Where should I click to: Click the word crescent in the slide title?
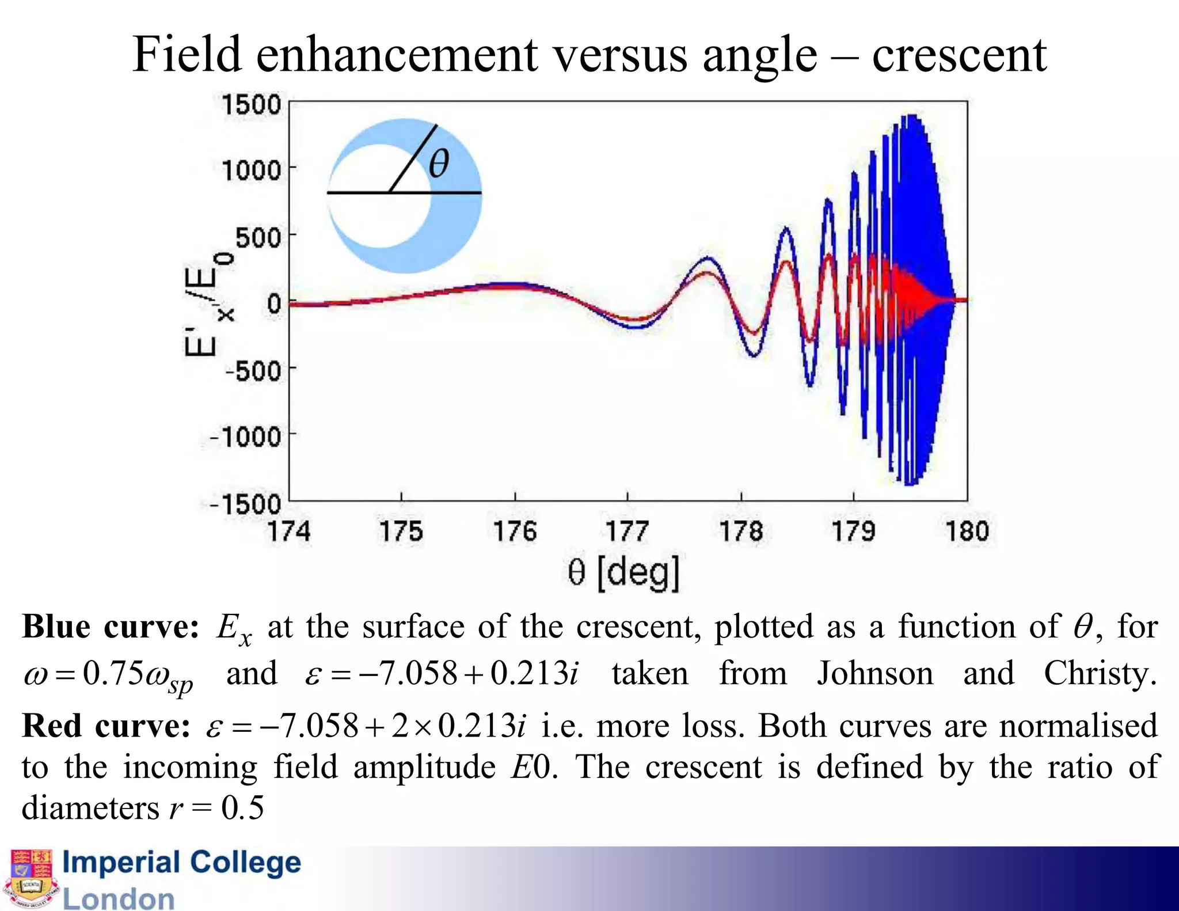[x=959, y=55]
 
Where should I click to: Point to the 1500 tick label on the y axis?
[x=251, y=105]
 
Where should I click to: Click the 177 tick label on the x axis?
[x=627, y=531]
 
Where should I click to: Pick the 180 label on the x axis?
[x=967, y=531]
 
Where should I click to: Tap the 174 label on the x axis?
[x=289, y=531]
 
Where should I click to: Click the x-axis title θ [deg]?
[x=623, y=572]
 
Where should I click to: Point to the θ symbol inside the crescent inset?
[x=439, y=164]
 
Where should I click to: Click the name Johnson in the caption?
[x=874, y=673]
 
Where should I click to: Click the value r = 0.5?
[x=216, y=807]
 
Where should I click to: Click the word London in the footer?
[x=119, y=898]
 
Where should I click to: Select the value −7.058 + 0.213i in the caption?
[x=442, y=674]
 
